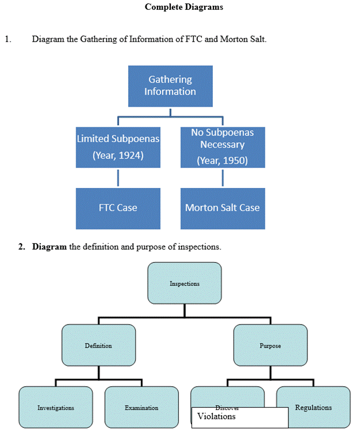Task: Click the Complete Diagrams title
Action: pos(183,7)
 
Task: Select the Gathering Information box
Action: pos(170,86)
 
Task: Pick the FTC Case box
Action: pos(118,208)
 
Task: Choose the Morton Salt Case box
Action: pos(222,208)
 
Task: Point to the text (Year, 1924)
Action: pos(118,156)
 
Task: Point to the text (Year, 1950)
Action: pos(222,161)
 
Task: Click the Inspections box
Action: pos(185,283)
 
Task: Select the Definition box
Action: pos(99,345)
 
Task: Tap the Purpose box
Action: pos(270,345)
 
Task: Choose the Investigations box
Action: pos(55,408)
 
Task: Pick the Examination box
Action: pos(141,408)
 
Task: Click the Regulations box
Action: pos(313,408)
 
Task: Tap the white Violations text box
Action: pos(239,417)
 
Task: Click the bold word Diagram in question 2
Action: pos(50,247)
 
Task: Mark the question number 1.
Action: pos(7,39)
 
